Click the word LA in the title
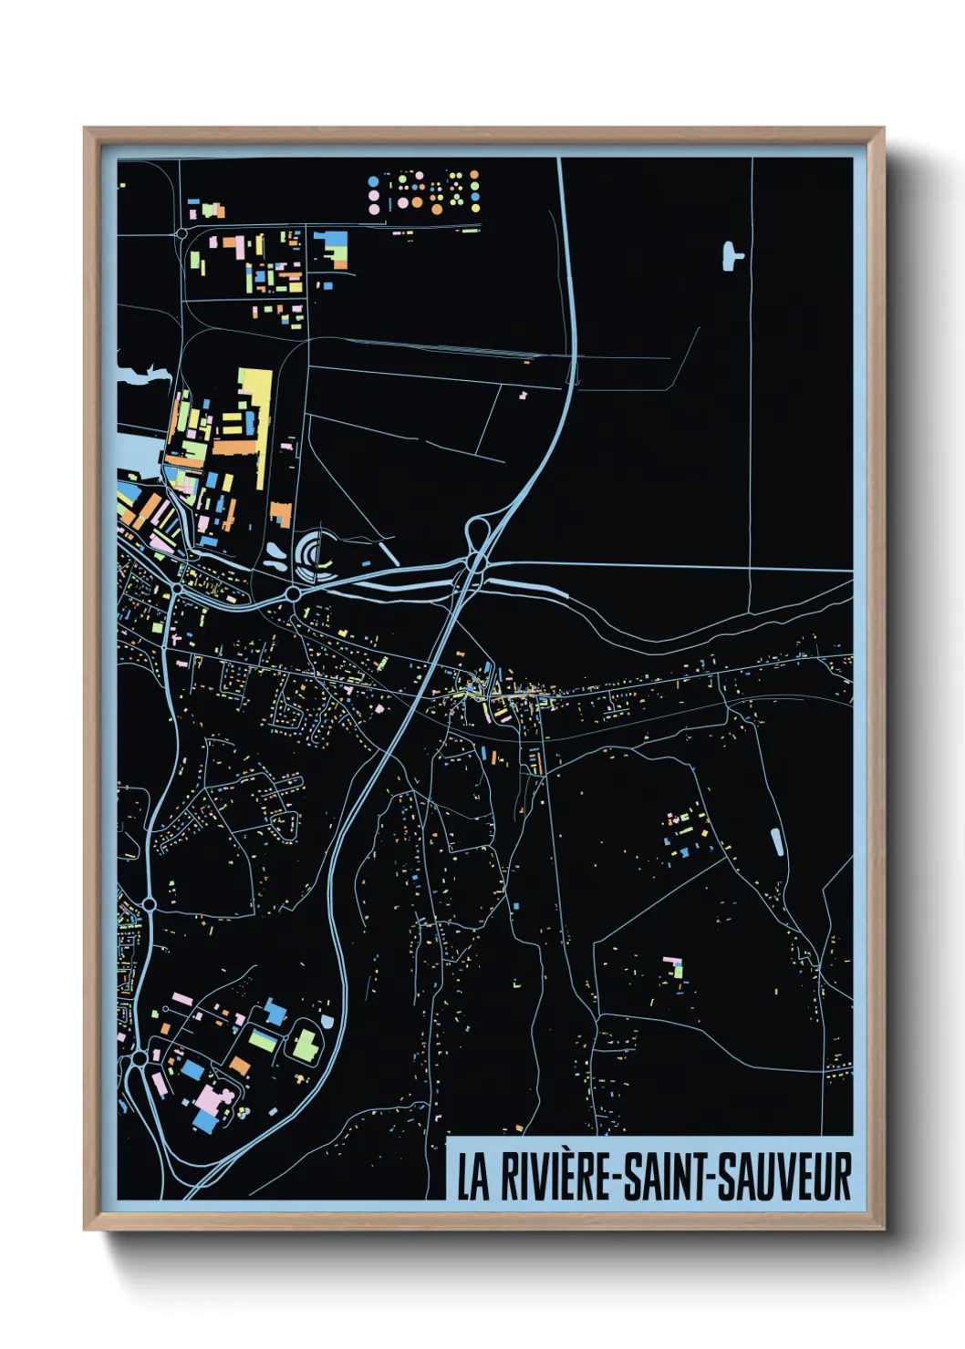click(x=472, y=1177)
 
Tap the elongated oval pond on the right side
click(x=777, y=841)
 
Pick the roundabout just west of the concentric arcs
click(x=294, y=594)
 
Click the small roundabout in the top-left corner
click(x=182, y=234)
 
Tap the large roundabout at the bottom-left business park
click(x=139, y=1059)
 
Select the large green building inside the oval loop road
click(x=304, y=1045)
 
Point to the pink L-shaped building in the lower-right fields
click(x=674, y=965)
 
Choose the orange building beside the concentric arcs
click(x=281, y=515)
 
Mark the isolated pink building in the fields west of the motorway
click(x=524, y=396)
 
